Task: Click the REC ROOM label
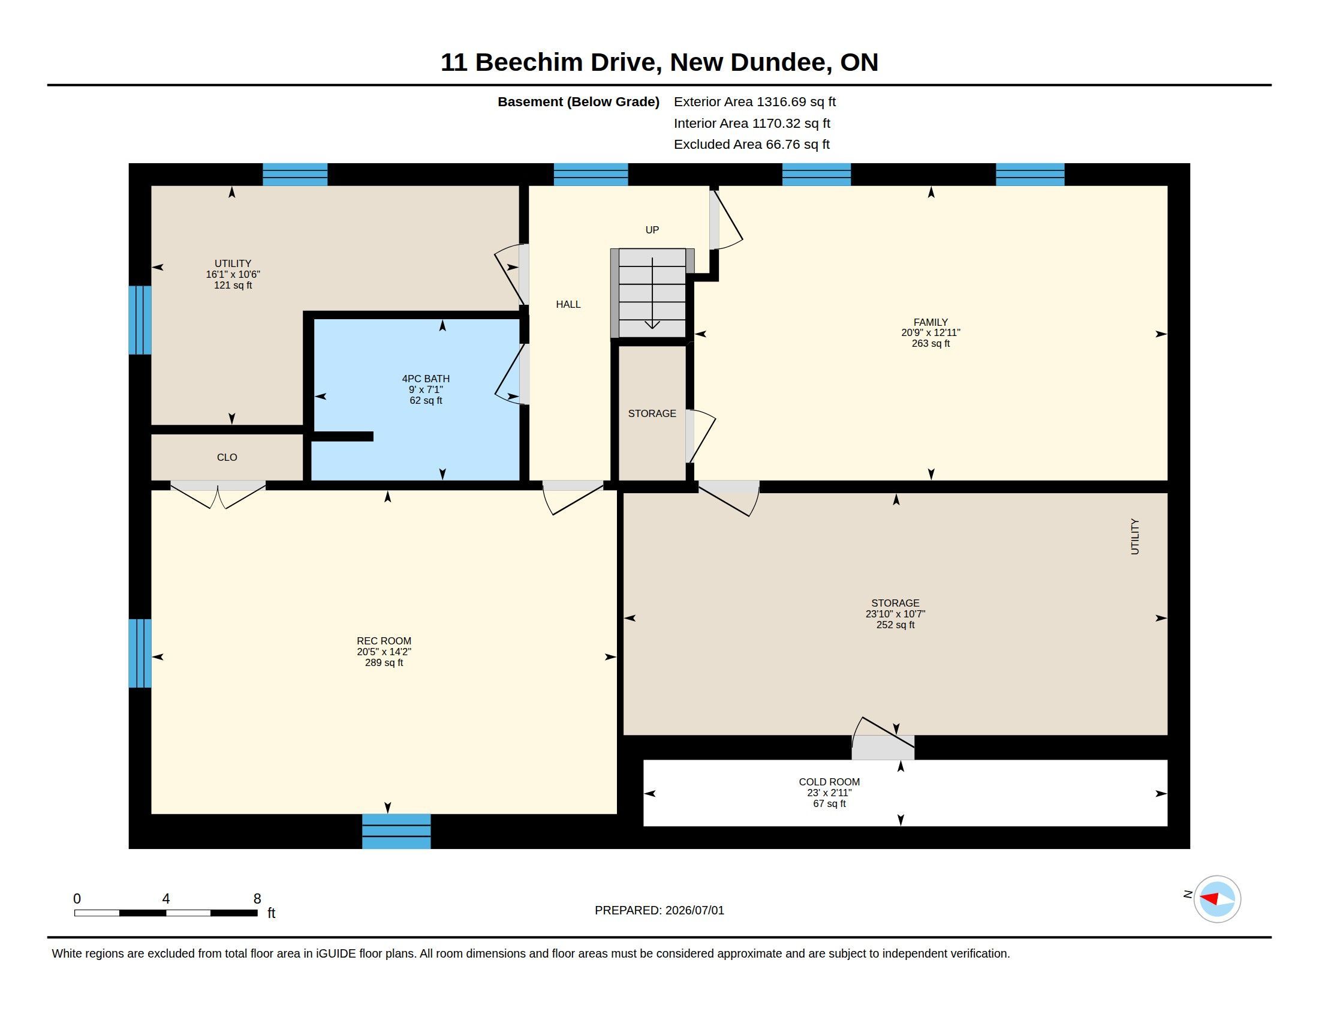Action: [384, 641]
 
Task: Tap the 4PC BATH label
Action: [426, 379]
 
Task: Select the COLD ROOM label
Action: [829, 782]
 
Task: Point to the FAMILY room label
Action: [930, 322]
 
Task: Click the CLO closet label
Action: [227, 457]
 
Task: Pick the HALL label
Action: [568, 305]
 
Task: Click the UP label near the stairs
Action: [652, 230]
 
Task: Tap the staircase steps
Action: [652, 293]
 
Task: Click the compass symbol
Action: [1217, 899]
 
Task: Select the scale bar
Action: [166, 913]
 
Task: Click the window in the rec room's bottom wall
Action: [396, 832]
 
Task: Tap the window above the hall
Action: [591, 174]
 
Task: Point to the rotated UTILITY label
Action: [1135, 536]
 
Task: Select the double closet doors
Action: [218, 494]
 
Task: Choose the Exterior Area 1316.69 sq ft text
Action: [755, 102]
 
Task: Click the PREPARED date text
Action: [659, 910]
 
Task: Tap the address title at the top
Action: [659, 62]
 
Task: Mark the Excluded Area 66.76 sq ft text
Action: [752, 145]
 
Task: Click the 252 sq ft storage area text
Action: [896, 625]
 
